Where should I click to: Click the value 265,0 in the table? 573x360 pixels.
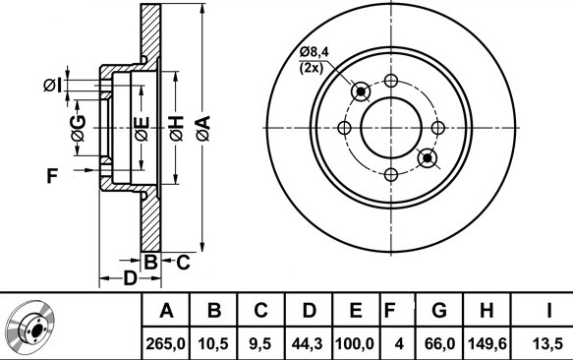coord(165,344)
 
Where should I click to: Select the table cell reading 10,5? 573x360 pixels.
coord(213,344)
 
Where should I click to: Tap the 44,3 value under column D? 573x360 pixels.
coord(307,344)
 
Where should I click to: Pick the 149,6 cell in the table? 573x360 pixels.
coord(487,344)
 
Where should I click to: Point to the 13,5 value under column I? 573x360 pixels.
coord(547,344)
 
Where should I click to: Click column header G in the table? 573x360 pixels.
coord(439,311)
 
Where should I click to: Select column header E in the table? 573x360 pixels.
coord(356,311)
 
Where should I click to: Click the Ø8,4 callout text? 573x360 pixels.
coord(315,52)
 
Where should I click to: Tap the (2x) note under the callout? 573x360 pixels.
coord(312,68)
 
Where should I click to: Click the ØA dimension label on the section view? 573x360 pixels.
coord(203,128)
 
